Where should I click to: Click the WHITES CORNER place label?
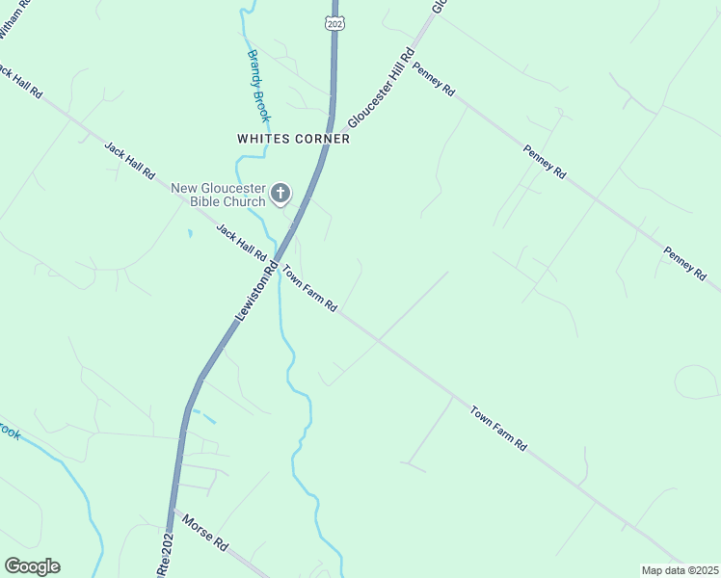[x=293, y=139]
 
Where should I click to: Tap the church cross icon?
[x=280, y=195]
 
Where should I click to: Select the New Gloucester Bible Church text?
[x=219, y=195]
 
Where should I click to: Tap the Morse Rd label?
[x=205, y=531]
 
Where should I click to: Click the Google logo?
[x=32, y=565]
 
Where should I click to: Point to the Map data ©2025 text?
[x=680, y=570]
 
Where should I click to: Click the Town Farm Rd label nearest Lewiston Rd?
[x=308, y=288]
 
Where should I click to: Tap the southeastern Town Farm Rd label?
[x=498, y=430]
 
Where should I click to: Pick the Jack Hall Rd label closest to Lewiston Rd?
[x=241, y=243]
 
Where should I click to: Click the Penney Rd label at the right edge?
[x=684, y=263]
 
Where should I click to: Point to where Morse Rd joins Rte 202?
[x=174, y=508]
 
